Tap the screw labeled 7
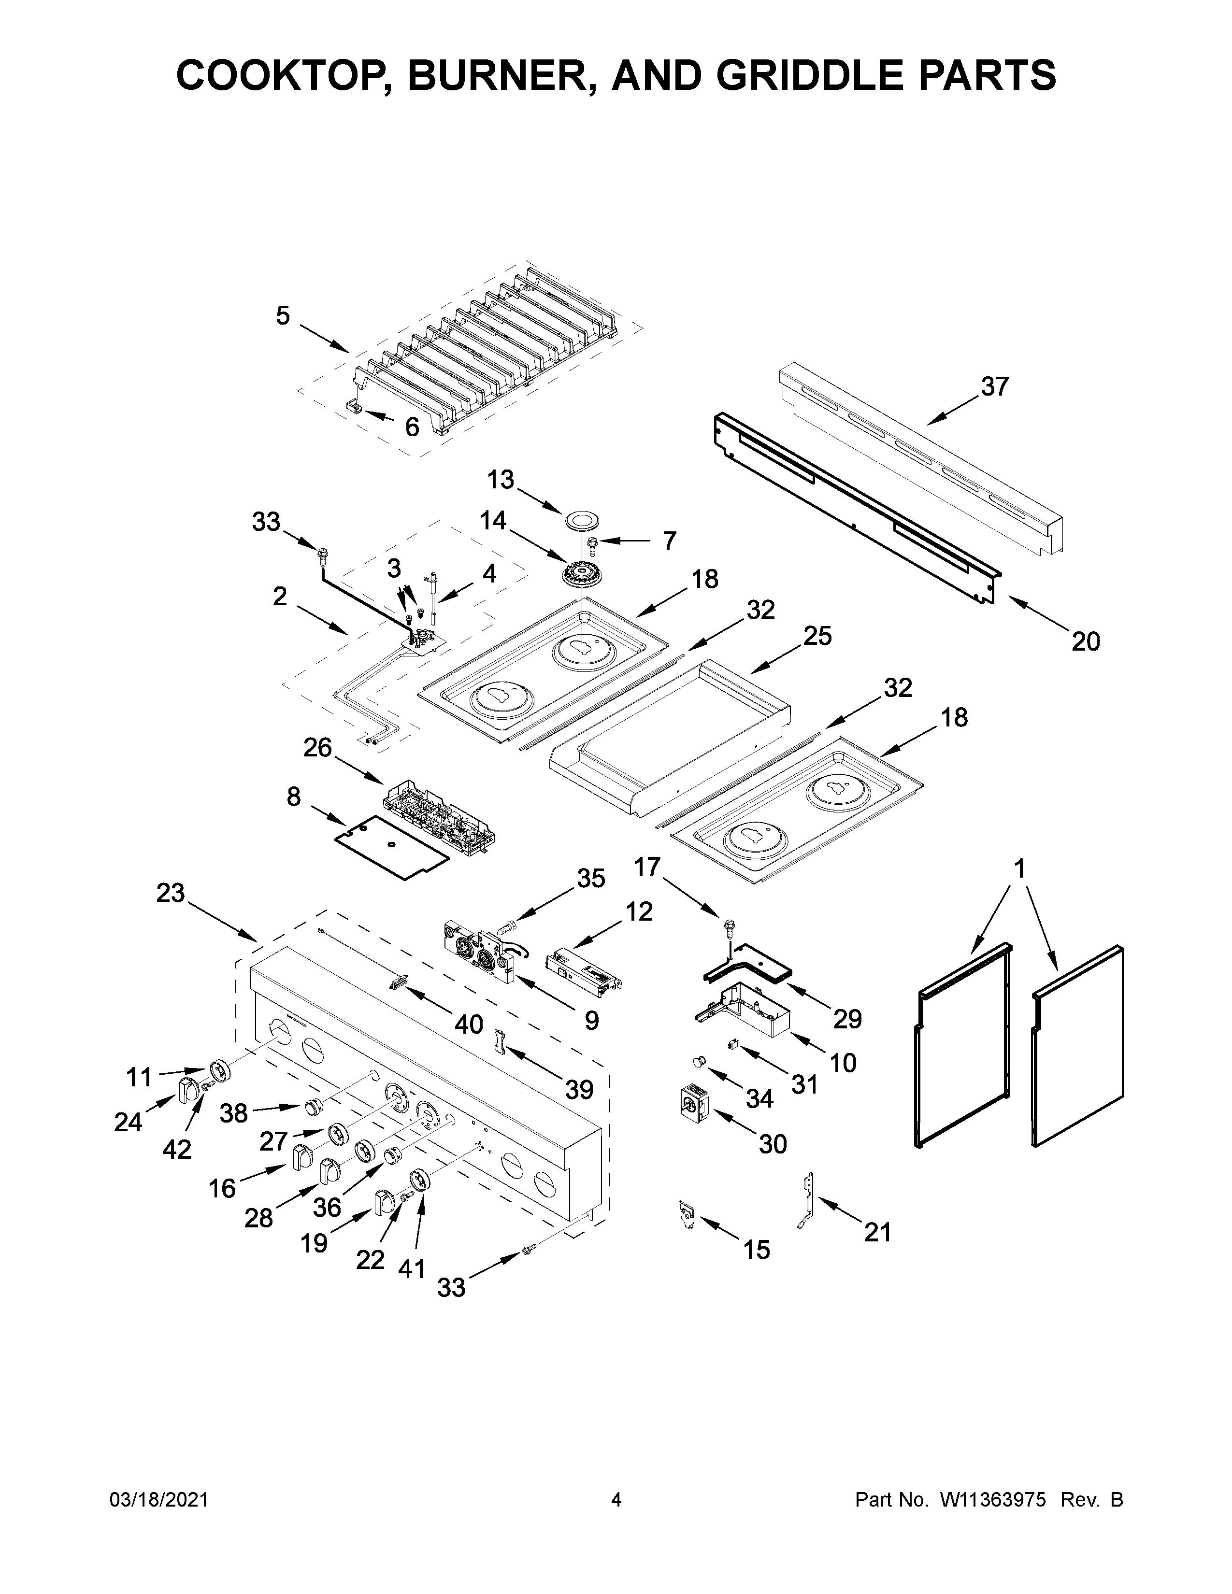click(593, 543)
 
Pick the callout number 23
click(171, 893)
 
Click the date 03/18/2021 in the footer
click(158, 1500)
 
